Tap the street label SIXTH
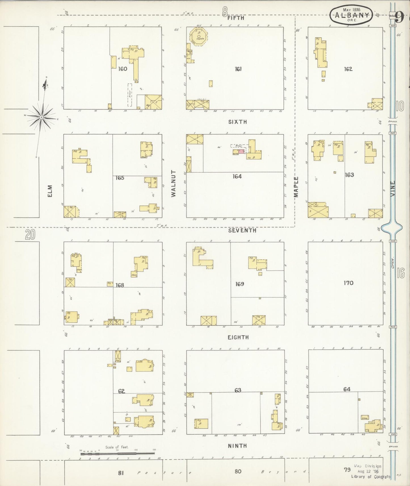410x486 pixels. pyautogui.click(x=237, y=122)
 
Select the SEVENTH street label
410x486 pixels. pyautogui.click(x=242, y=231)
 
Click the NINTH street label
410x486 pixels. pyautogui.click(x=237, y=446)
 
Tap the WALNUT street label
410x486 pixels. pyautogui.click(x=174, y=183)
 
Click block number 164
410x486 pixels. pyautogui.click(x=237, y=176)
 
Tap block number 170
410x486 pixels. pyautogui.click(x=348, y=283)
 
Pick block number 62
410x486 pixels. pyautogui.click(x=121, y=391)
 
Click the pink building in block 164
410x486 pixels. pyautogui.click(x=241, y=152)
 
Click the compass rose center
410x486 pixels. pyautogui.click(x=41, y=117)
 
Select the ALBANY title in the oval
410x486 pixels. pyautogui.click(x=353, y=15)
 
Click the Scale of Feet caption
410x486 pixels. pyautogui.click(x=117, y=447)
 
